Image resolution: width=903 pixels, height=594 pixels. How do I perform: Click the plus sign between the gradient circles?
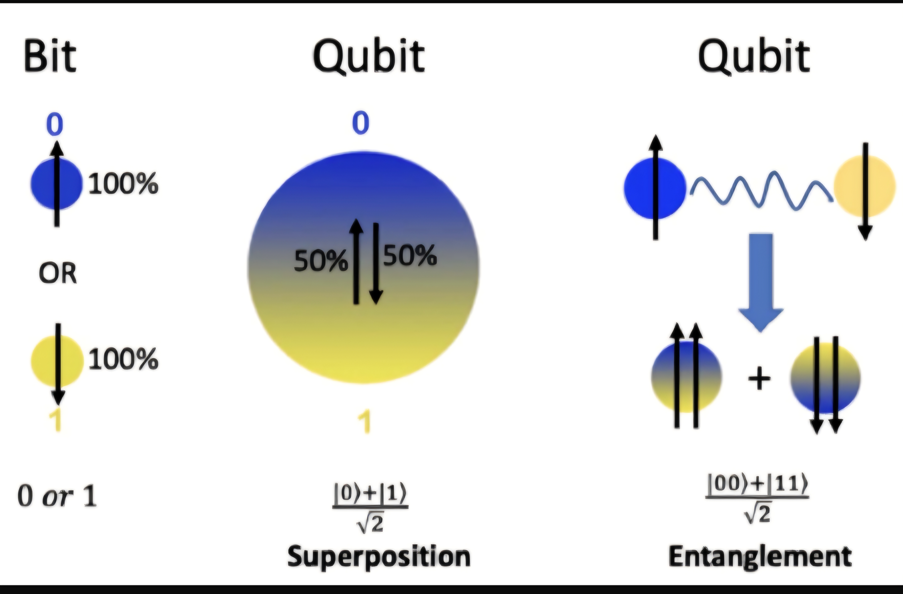coord(759,379)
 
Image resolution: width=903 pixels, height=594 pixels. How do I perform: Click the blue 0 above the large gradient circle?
coord(360,123)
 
